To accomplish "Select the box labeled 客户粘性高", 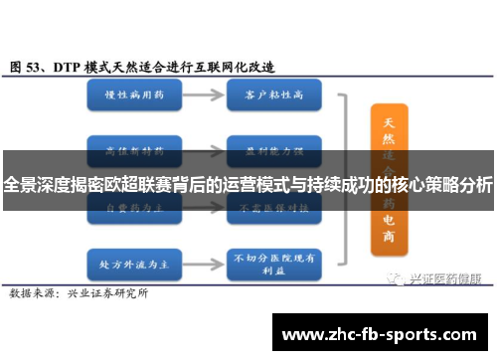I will [271, 95].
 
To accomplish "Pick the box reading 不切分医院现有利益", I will [271, 239].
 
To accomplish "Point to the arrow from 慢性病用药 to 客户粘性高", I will [199, 95].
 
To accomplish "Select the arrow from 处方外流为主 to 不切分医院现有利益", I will [199, 239].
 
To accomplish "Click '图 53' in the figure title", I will [29, 67].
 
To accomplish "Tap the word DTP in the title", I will [70, 67].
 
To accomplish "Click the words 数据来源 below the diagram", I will [31, 266].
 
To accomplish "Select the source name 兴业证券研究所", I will [107, 266].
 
